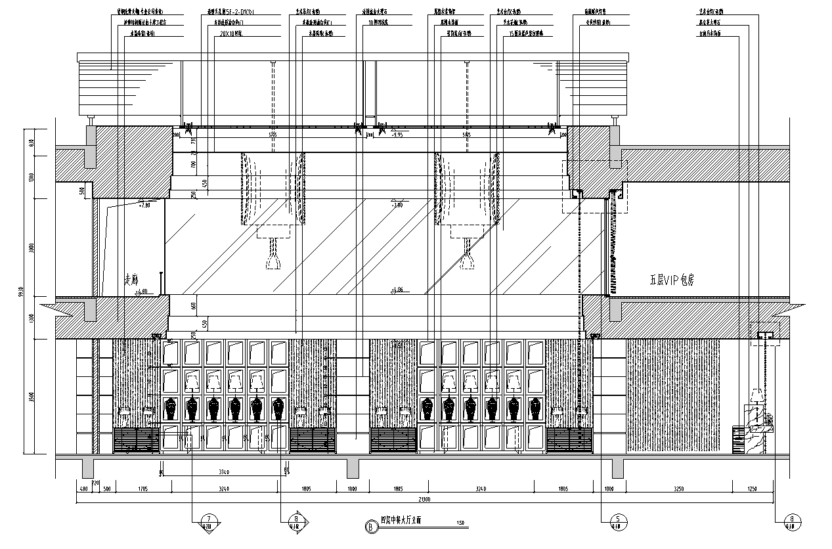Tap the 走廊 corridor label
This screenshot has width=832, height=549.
(129, 278)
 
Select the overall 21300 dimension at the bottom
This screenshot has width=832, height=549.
(425, 499)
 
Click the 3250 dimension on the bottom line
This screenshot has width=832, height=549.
(679, 489)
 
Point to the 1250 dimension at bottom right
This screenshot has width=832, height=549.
(753, 489)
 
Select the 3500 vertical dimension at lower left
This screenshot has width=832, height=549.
(32, 397)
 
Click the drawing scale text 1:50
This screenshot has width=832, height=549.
(460, 523)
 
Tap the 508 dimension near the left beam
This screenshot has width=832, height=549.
(81, 191)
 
